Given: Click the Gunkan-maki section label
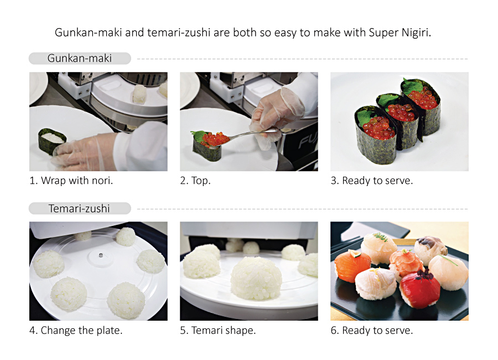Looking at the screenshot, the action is pos(79,59).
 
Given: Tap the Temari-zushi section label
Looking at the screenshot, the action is pos(79,209).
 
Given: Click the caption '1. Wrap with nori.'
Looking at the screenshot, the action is pos(71,181).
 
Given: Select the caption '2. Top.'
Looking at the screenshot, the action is pos(195,181).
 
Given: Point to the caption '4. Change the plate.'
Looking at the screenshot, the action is pos(76,331).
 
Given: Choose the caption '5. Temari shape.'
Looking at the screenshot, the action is pos(218,331).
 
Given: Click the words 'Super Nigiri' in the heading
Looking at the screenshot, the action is pos(400,33).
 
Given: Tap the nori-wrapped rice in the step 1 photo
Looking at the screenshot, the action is pos(52,141).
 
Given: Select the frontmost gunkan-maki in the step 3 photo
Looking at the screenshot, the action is pos(376,135).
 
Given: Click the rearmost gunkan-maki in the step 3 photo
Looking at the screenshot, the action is pos(421,106).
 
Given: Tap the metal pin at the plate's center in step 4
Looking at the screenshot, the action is pos(101,255).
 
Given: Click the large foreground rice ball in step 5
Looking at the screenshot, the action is pos(256,278).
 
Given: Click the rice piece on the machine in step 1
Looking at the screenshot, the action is pos(139,94).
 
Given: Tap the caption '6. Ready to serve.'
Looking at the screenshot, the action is pos(372,331).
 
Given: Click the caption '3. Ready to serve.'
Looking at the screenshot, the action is pos(372,181).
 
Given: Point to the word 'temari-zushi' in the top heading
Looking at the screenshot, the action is pos(179,33).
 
